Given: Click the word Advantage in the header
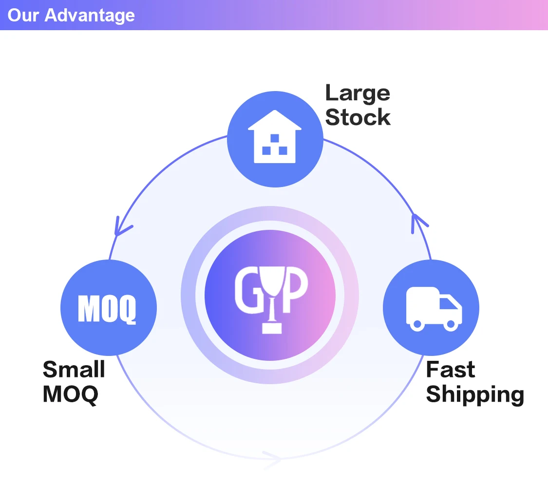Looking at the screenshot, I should coord(90,15).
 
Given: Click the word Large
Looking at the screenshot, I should coord(358,93).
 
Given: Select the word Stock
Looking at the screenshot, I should coord(358,117).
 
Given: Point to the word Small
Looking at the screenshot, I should coord(74,369).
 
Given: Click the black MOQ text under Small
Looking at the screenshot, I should coord(71,393).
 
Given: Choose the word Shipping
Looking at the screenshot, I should coord(475,394).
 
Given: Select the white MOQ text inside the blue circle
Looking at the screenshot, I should coord(107,308).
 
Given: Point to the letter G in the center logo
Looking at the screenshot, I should coord(246,292).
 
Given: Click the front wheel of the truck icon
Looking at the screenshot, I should coord(451,324).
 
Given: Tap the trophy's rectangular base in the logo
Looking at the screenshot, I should coord(272,329).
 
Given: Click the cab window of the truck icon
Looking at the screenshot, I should coord(448,303).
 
